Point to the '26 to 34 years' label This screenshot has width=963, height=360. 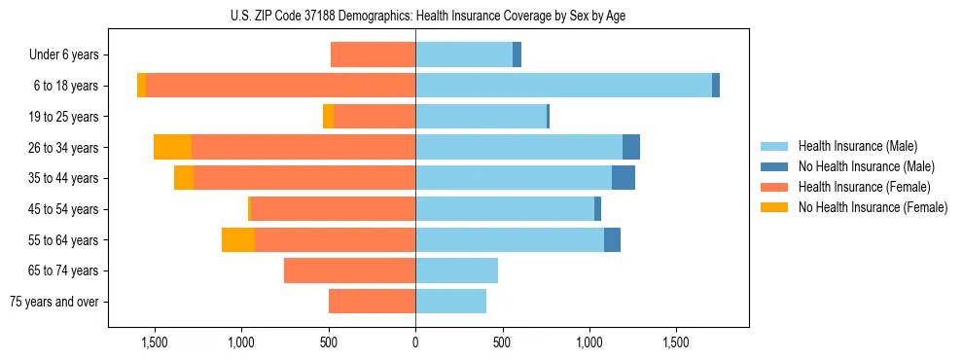(63, 148)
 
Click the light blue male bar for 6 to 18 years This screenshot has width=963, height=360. (563, 86)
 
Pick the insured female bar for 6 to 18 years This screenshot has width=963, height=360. (280, 86)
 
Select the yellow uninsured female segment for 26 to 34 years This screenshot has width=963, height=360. (172, 147)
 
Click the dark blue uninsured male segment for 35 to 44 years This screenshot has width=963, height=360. (624, 178)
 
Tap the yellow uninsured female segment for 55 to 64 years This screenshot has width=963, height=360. (238, 239)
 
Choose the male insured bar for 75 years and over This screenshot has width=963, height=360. (450, 302)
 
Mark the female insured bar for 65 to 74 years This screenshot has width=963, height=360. (349, 270)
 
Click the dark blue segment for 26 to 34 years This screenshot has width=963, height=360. (631, 147)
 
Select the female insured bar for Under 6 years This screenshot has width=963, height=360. (373, 54)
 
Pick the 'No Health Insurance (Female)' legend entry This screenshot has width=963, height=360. (873, 207)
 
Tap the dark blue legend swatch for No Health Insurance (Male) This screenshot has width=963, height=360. (774, 166)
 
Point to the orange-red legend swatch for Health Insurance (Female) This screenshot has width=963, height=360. (774, 187)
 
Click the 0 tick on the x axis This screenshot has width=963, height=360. (415, 343)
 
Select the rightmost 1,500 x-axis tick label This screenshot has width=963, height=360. (676, 343)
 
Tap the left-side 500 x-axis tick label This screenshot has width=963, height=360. (329, 343)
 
